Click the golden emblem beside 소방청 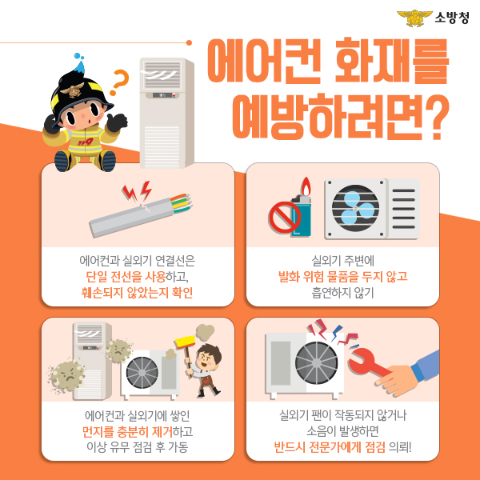coord(414,18)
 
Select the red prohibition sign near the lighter coord(284,217)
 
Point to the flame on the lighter coord(306,186)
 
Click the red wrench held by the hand coord(368,363)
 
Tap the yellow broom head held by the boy coord(185,342)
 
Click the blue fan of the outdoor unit coord(355,209)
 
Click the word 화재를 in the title coord(392,61)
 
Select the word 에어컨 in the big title coord(264,61)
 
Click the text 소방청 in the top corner coord(452,18)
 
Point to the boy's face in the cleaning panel coord(206,359)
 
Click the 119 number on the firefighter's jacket coord(85,142)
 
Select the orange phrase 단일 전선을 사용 coord(126,277)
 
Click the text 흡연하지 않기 coord(343,293)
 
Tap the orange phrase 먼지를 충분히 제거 coord(127,432)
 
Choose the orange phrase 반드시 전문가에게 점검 coord(330,447)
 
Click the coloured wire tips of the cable coord(182,202)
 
